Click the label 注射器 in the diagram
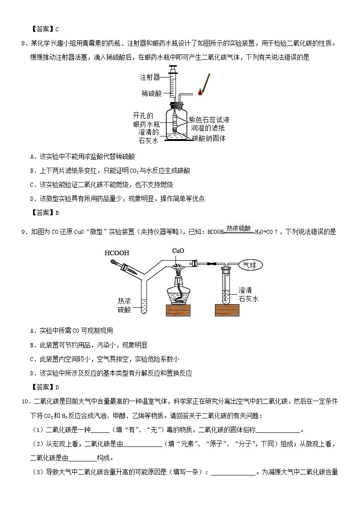[x=150, y=77]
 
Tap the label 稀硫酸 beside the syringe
[x=151, y=93]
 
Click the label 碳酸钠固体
[x=209, y=138]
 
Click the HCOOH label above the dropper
[x=117, y=253]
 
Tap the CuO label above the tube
[x=178, y=251]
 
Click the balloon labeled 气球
[x=250, y=265]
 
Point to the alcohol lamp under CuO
[x=178, y=289]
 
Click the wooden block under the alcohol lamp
[x=178, y=310]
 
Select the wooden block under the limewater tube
[x=227, y=310]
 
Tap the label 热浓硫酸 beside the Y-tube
[x=124, y=305]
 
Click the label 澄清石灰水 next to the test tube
[x=248, y=295]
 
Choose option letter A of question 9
[x=32, y=331]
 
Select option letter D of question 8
[x=32, y=199]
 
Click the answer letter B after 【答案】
[x=57, y=213]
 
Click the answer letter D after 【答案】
[x=57, y=387]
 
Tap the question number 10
[x=26, y=402]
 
